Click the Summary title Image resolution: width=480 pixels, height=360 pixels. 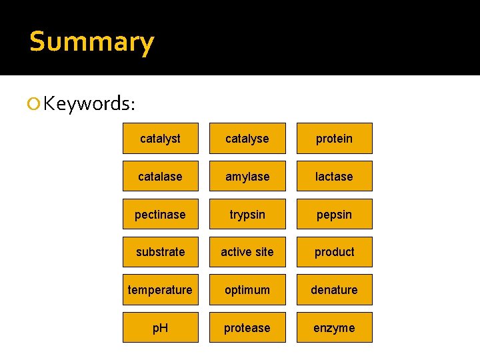[x=91, y=41]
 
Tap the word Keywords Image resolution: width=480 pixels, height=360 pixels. [x=89, y=103]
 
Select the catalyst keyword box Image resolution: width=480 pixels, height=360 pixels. [x=160, y=139]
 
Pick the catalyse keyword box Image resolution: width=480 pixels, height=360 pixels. [x=247, y=139]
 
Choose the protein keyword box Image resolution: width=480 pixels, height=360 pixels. [x=334, y=139]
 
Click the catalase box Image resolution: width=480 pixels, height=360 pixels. [x=160, y=177]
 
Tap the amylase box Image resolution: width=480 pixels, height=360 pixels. [x=247, y=177]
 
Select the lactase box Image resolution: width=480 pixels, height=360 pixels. [x=334, y=177]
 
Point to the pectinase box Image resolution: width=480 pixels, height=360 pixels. [x=160, y=215]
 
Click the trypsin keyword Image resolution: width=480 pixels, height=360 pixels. [x=247, y=215]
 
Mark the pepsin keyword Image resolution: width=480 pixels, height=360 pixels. [x=334, y=215]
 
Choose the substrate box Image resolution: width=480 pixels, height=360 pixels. [x=160, y=252]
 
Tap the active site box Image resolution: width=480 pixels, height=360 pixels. [x=247, y=252]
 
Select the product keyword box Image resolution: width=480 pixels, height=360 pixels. [x=334, y=252]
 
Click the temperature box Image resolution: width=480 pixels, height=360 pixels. [x=160, y=290]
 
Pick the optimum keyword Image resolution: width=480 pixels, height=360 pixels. [x=247, y=290]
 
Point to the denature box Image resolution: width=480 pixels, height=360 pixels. [x=334, y=290]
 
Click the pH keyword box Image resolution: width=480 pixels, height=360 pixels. [x=160, y=328]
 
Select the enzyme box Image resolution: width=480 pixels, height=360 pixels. [x=334, y=328]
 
